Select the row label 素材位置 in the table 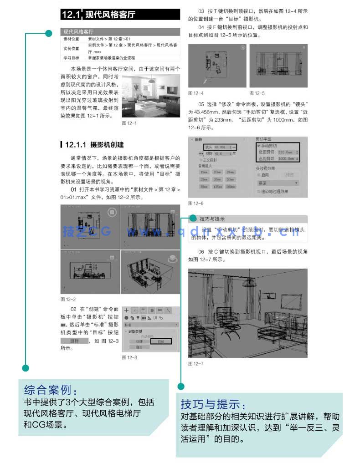[x=71, y=39]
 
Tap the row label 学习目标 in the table [x=71, y=58]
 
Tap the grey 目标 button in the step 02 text [x=74, y=341]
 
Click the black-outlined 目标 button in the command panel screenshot [x=160, y=341]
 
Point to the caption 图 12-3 [x=129, y=358]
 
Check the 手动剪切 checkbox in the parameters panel [x=258, y=145]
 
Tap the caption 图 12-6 [x=195, y=203]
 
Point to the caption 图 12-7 [x=195, y=363]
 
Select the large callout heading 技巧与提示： [x=214, y=405]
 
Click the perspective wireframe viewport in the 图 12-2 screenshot [x=150, y=271]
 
